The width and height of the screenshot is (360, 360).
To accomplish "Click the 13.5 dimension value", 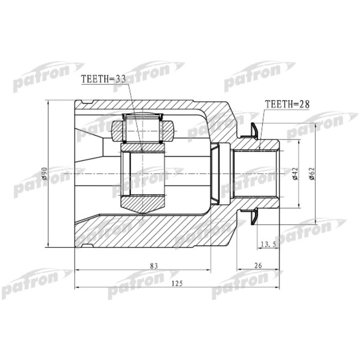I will tap(268, 244).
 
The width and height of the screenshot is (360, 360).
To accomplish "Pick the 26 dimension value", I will tap(258, 265).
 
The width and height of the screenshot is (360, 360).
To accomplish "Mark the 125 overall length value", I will tap(178, 283).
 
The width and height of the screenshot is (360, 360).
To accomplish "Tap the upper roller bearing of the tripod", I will tap(143, 128).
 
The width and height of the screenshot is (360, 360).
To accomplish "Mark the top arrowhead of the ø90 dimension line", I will tap(48, 102).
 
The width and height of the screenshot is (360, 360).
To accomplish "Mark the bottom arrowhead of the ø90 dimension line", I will tap(48, 246).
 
